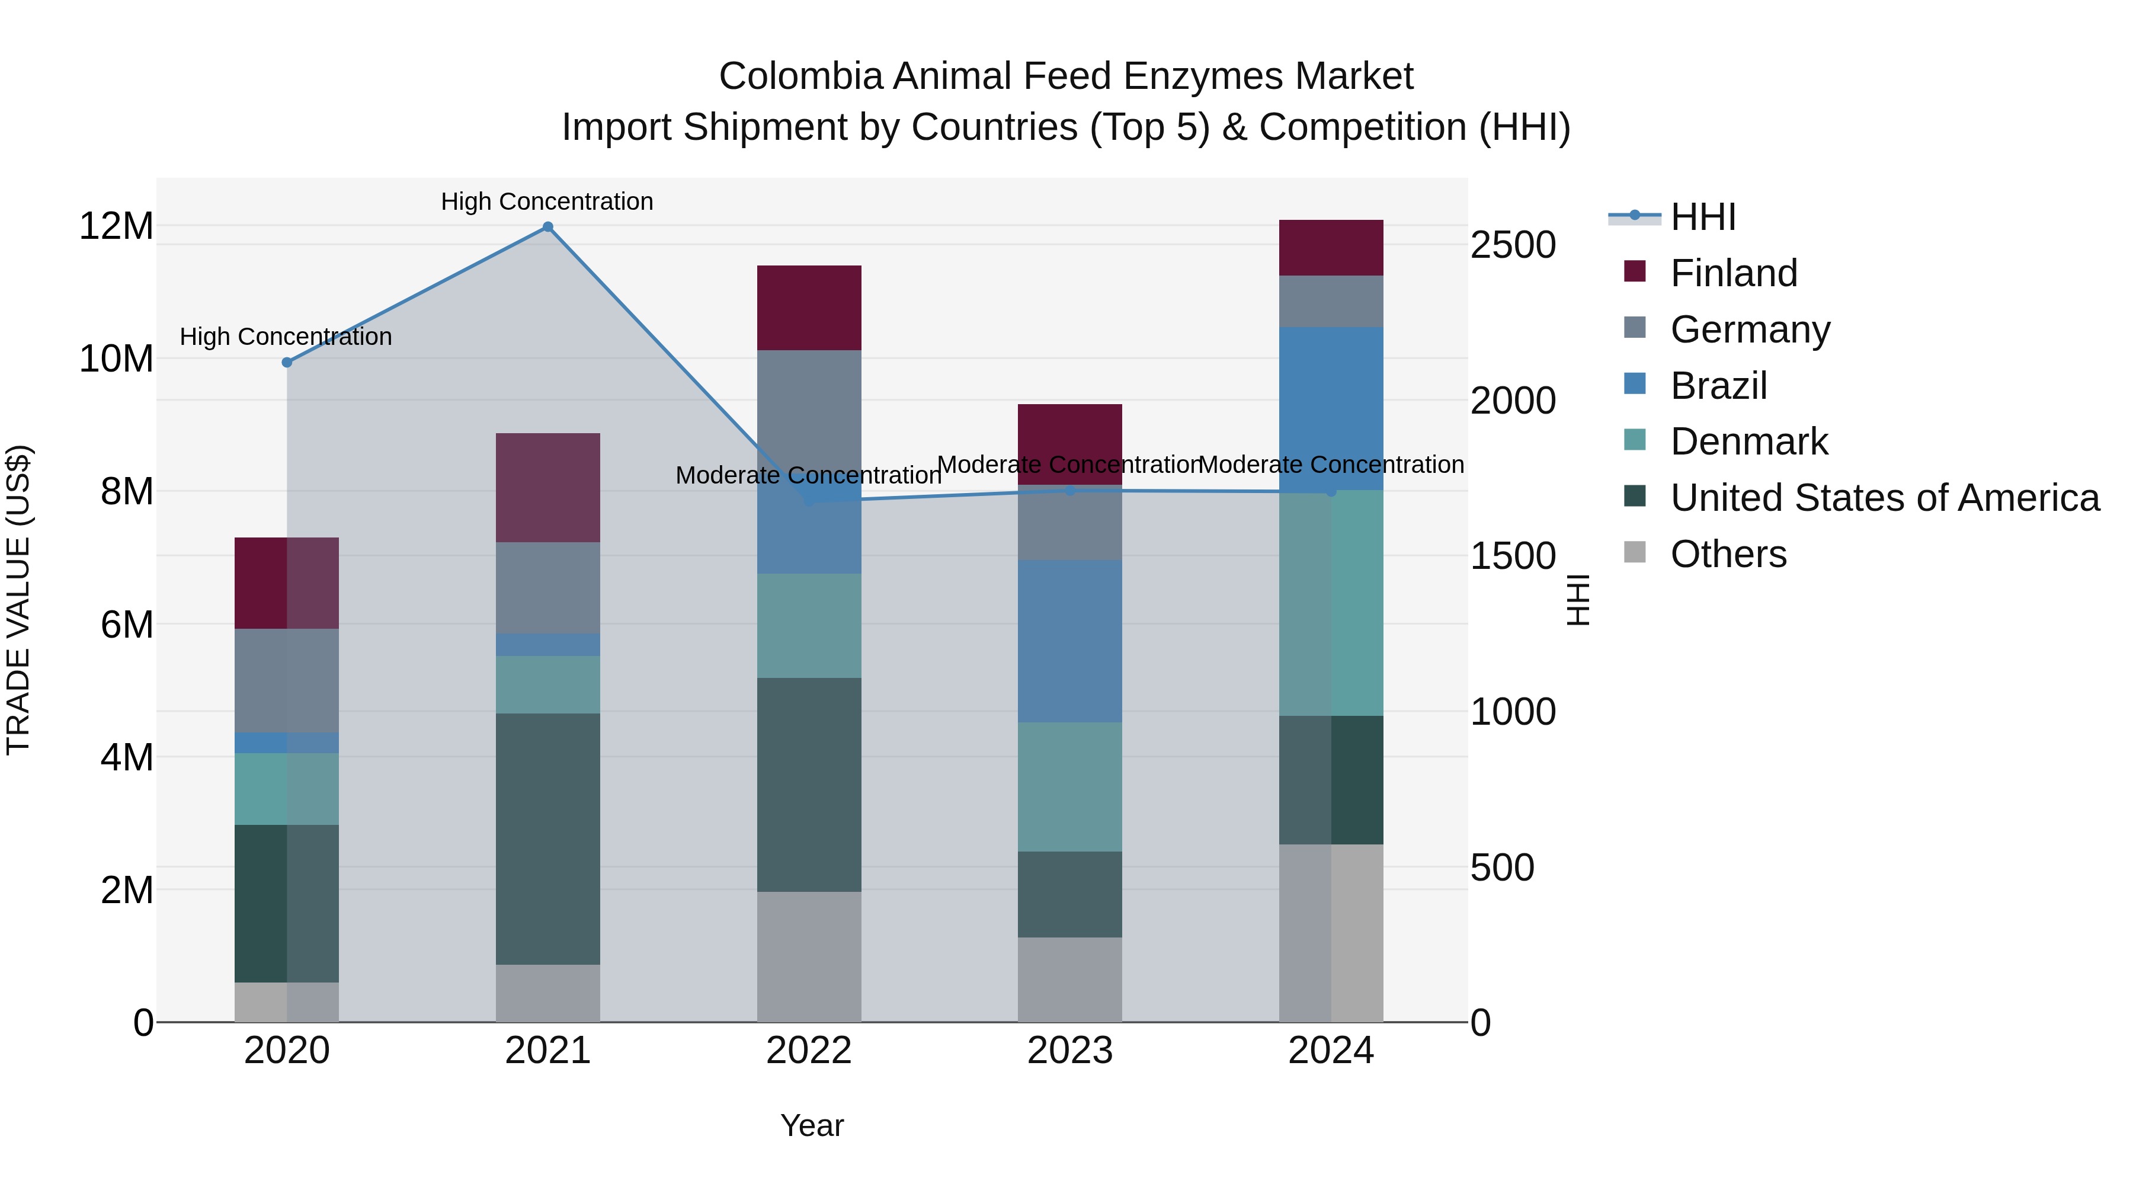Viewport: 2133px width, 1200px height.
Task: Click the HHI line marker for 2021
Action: coord(547,227)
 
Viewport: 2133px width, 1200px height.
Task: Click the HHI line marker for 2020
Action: coord(287,363)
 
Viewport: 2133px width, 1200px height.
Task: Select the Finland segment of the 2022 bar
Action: coord(809,308)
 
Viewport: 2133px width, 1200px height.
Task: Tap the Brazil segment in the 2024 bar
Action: coord(1331,408)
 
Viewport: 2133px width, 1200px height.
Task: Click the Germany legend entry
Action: coord(1750,329)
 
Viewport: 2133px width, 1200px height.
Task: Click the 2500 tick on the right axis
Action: coord(1513,246)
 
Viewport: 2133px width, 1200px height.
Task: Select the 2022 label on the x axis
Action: coord(809,1051)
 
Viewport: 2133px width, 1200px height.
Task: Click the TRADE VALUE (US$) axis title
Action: coord(19,600)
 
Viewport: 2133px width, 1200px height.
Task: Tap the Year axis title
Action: coord(812,1125)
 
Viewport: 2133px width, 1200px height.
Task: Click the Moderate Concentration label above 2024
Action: coord(1331,465)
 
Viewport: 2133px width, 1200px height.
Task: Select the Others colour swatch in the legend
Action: coord(1635,552)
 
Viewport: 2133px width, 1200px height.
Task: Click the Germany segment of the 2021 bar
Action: coord(547,588)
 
